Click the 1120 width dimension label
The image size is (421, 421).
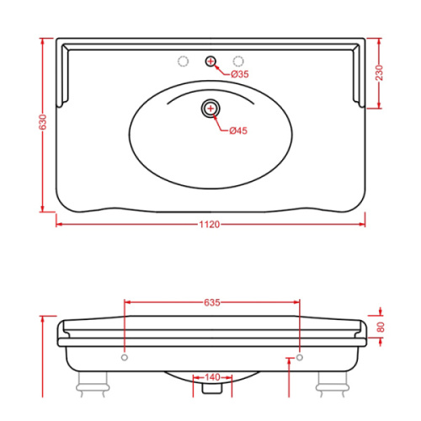pyautogui.click(x=210, y=225)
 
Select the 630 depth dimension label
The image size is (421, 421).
pyautogui.click(x=42, y=122)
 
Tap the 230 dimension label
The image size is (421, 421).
pyautogui.click(x=379, y=72)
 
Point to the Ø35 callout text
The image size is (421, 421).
pyautogui.click(x=240, y=74)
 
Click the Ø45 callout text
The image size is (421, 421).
pyautogui.click(x=238, y=131)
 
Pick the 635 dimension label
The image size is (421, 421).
pyautogui.click(x=212, y=302)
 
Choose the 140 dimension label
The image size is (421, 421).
pyautogui.click(x=212, y=377)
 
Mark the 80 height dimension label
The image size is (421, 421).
pyautogui.click(x=381, y=327)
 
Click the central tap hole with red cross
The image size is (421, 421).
pyautogui.click(x=210, y=61)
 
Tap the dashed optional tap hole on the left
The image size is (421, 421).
pyautogui.click(x=184, y=61)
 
